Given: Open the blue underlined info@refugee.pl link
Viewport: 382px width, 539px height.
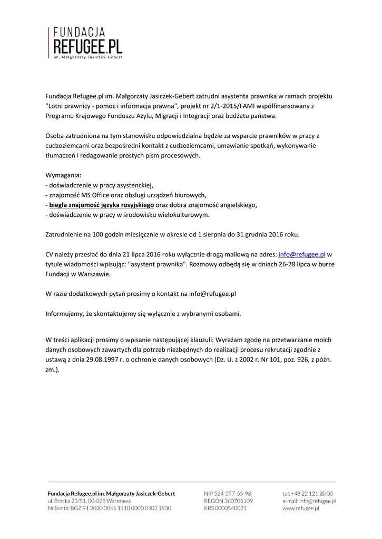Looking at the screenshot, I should click(x=301, y=253).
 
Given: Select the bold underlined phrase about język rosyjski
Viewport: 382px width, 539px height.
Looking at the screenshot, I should click(x=101, y=205).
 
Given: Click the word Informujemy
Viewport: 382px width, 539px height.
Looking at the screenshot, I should click(x=66, y=314).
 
